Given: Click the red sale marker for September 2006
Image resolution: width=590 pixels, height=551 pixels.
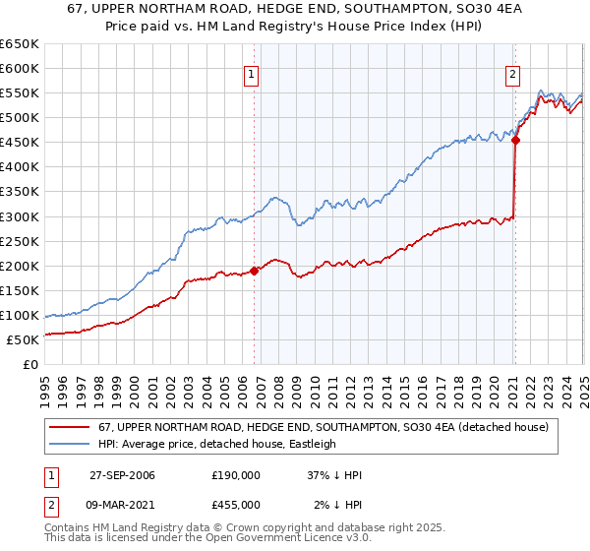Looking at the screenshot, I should (x=255, y=270).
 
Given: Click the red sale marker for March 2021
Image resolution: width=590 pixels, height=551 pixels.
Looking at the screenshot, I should (x=515, y=140).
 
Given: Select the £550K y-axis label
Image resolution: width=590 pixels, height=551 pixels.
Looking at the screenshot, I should (x=19, y=93).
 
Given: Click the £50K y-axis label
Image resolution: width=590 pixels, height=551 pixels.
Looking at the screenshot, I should (x=24, y=339).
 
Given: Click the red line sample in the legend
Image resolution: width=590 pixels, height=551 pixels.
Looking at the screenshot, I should (x=70, y=426).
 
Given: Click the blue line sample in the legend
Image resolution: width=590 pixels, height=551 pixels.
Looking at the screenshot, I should (x=70, y=444).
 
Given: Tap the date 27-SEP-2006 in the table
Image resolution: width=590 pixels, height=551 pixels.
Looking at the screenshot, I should (x=122, y=475).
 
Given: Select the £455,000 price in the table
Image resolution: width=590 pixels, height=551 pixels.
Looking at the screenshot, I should (x=236, y=505).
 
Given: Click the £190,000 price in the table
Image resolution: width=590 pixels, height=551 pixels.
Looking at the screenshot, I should (x=236, y=475).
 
